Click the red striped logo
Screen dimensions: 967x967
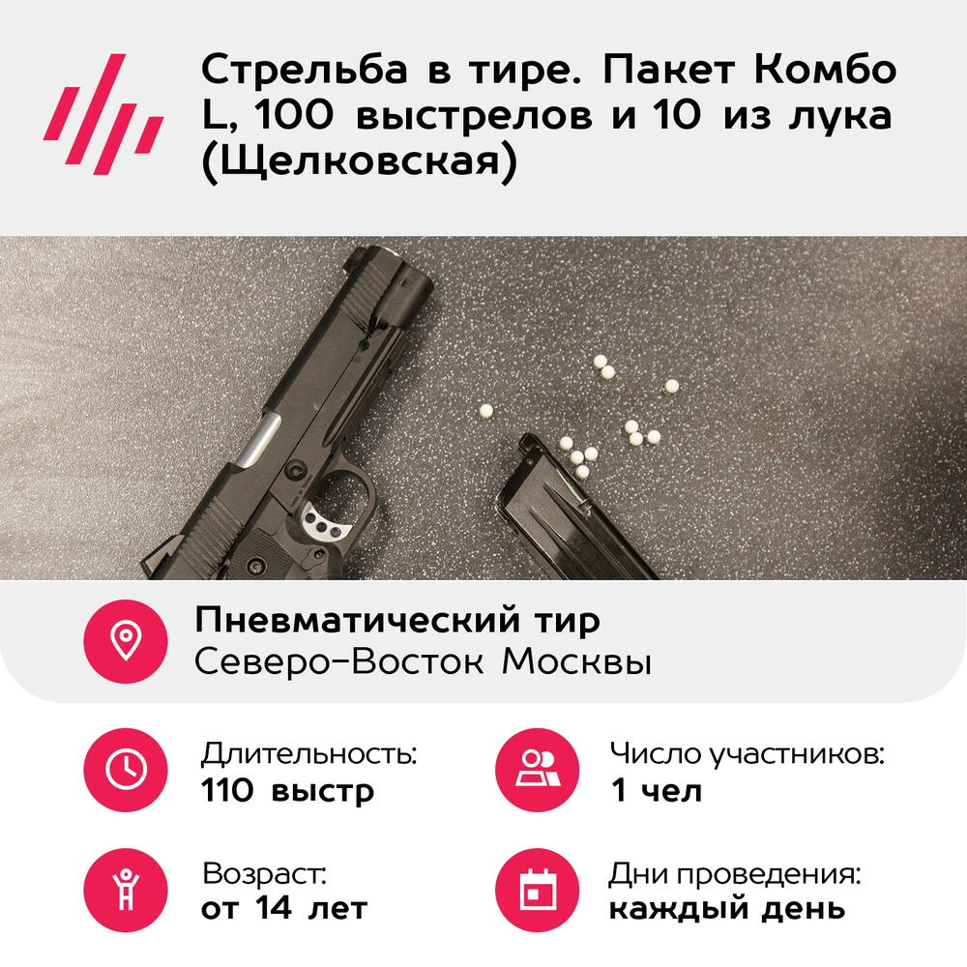[103, 113]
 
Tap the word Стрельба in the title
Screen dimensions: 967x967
[304, 69]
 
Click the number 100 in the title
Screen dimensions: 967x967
[293, 115]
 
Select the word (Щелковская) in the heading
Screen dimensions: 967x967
[360, 161]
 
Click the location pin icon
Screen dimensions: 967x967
[126, 641]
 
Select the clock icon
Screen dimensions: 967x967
[126, 770]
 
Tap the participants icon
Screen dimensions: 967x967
[538, 770]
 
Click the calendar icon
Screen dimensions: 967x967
[538, 890]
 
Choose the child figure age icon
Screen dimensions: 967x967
[126, 890]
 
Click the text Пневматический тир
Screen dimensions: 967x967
[397, 621]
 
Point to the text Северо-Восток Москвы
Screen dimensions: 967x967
[424, 661]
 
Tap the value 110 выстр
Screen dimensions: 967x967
[287, 791]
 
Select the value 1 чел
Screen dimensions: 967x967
[657, 790]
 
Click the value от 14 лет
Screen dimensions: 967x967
[284, 908]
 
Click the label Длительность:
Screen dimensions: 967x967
[309, 753]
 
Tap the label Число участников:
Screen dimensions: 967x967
[747, 753]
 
